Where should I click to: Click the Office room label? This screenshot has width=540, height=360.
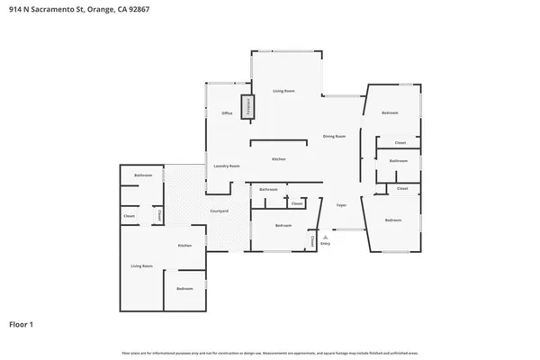(228, 113)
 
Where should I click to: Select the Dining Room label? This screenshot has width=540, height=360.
(335, 136)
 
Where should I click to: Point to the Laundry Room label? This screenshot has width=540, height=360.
(226, 166)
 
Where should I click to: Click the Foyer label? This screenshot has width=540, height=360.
(342, 205)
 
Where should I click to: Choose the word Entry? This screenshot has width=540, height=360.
(326, 243)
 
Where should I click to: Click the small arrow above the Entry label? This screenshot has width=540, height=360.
(326, 236)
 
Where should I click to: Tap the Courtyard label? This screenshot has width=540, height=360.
(219, 211)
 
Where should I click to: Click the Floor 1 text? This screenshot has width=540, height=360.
(22, 323)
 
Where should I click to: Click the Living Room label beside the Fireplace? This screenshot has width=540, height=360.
(284, 91)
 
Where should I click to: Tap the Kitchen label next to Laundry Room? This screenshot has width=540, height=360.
(279, 158)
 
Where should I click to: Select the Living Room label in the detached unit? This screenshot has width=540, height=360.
(141, 265)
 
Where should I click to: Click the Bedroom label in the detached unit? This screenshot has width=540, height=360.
(184, 288)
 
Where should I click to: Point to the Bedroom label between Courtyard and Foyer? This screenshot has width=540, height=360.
(283, 225)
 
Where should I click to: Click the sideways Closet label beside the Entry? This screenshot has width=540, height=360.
(312, 241)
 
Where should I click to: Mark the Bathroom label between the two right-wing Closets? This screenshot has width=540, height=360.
(399, 160)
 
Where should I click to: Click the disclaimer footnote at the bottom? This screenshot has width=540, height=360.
(270, 352)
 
